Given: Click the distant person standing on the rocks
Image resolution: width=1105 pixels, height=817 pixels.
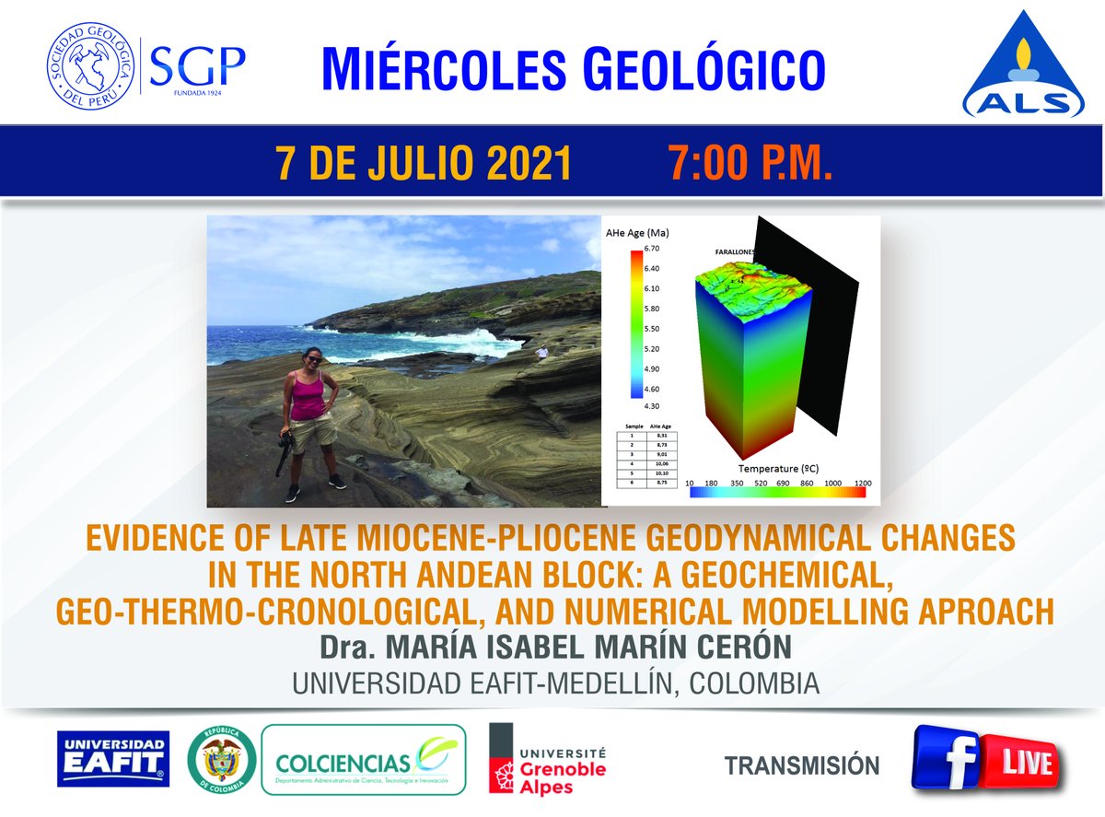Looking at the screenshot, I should (542, 351).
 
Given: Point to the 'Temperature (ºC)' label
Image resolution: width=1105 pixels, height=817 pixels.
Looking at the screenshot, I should (784, 468).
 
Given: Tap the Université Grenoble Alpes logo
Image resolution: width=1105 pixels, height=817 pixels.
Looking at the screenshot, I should (548, 759).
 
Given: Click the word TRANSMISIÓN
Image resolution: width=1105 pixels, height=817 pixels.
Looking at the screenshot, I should (801, 764).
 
